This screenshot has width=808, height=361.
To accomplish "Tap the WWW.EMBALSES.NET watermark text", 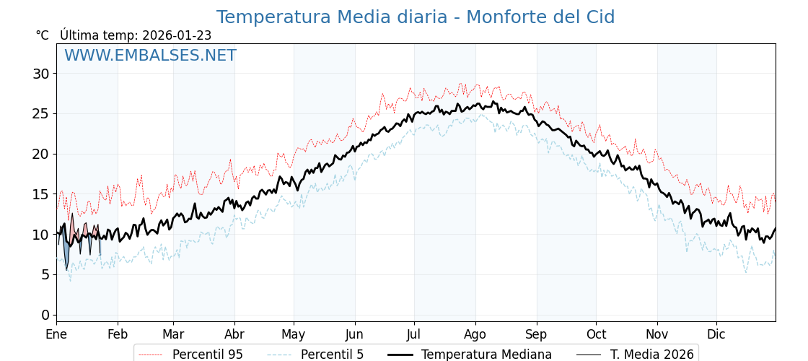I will pyautogui.click(x=150, y=56).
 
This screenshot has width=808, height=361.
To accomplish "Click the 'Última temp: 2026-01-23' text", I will pyautogui.click(x=136, y=35).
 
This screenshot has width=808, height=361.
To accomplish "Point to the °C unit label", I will pyautogui.click(x=42, y=35).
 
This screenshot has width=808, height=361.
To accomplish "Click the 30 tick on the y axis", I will pyautogui.click(x=40, y=74).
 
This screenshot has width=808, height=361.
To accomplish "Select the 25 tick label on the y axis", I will pyautogui.click(x=40, y=113).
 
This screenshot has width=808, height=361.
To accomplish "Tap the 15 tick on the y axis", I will pyautogui.click(x=40, y=194).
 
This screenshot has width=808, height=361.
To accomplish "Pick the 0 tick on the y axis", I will pyautogui.click(x=45, y=315).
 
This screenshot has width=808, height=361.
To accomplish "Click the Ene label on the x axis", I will pyautogui.click(x=56, y=334).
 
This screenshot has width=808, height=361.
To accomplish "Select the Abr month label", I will pyautogui.click(x=234, y=334).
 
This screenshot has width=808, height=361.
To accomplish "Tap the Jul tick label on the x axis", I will pyautogui.click(x=414, y=334).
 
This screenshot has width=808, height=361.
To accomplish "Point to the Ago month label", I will pyautogui.click(x=475, y=334).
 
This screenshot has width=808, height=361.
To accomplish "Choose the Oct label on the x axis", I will pyautogui.click(x=596, y=334).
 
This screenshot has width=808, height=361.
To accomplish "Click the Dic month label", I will pyautogui.click(x=716, y=334).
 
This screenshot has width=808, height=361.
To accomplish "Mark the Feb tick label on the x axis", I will pyautogui.click(x=118, y=334).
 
